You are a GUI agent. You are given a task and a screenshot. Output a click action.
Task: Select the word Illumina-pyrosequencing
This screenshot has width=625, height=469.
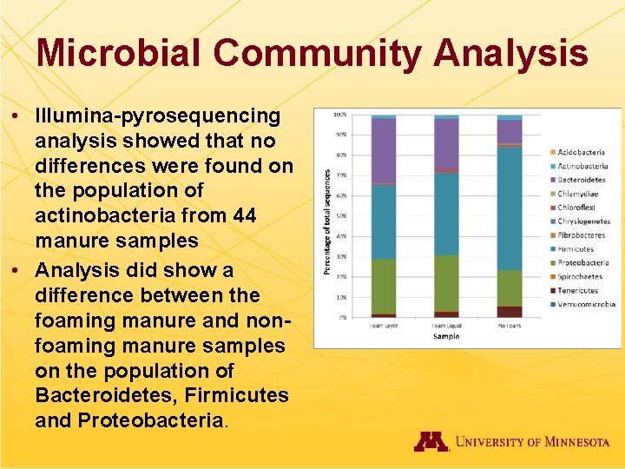158,116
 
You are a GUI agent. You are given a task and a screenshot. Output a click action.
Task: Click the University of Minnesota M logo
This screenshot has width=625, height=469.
431,441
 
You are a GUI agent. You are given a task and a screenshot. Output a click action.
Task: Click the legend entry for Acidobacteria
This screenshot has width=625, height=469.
581,152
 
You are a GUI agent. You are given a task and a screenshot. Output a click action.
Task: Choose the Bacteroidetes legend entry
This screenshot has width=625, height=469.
581,180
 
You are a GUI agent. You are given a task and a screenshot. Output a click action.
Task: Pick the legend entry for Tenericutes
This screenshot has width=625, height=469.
579,290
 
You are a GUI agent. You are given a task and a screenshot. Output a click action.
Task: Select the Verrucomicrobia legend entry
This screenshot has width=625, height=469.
585,304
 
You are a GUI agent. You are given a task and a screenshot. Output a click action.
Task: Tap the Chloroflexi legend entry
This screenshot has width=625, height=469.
578,208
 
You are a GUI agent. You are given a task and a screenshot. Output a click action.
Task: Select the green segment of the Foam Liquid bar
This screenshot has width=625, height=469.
446,283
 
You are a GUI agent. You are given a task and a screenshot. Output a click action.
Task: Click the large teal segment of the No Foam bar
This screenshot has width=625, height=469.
510,208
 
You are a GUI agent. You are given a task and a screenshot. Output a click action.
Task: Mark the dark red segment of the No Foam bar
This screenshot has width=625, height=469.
510,311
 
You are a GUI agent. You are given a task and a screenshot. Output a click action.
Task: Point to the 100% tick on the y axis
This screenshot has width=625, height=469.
341,115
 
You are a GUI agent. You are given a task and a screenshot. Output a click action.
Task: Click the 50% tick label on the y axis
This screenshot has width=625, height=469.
341,216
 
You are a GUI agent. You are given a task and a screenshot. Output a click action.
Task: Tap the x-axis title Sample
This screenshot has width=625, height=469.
446,336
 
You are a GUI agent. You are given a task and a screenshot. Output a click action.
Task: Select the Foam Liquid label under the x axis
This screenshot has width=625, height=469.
446,325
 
